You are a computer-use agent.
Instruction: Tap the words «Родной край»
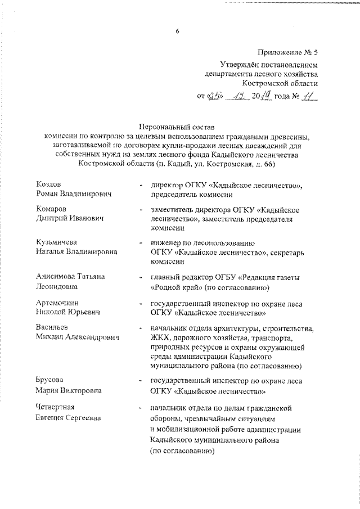[178, 288]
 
